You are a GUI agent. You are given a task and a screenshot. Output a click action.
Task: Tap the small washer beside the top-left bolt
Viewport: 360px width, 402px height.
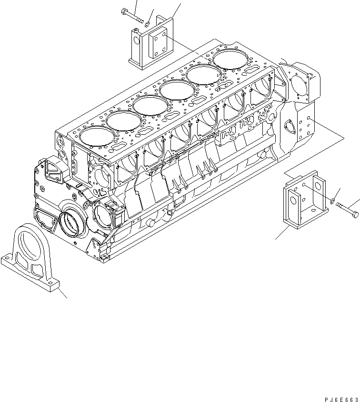[x=149, y=23]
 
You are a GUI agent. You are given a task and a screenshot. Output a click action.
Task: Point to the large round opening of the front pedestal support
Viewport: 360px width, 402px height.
[x=32, y=244]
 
